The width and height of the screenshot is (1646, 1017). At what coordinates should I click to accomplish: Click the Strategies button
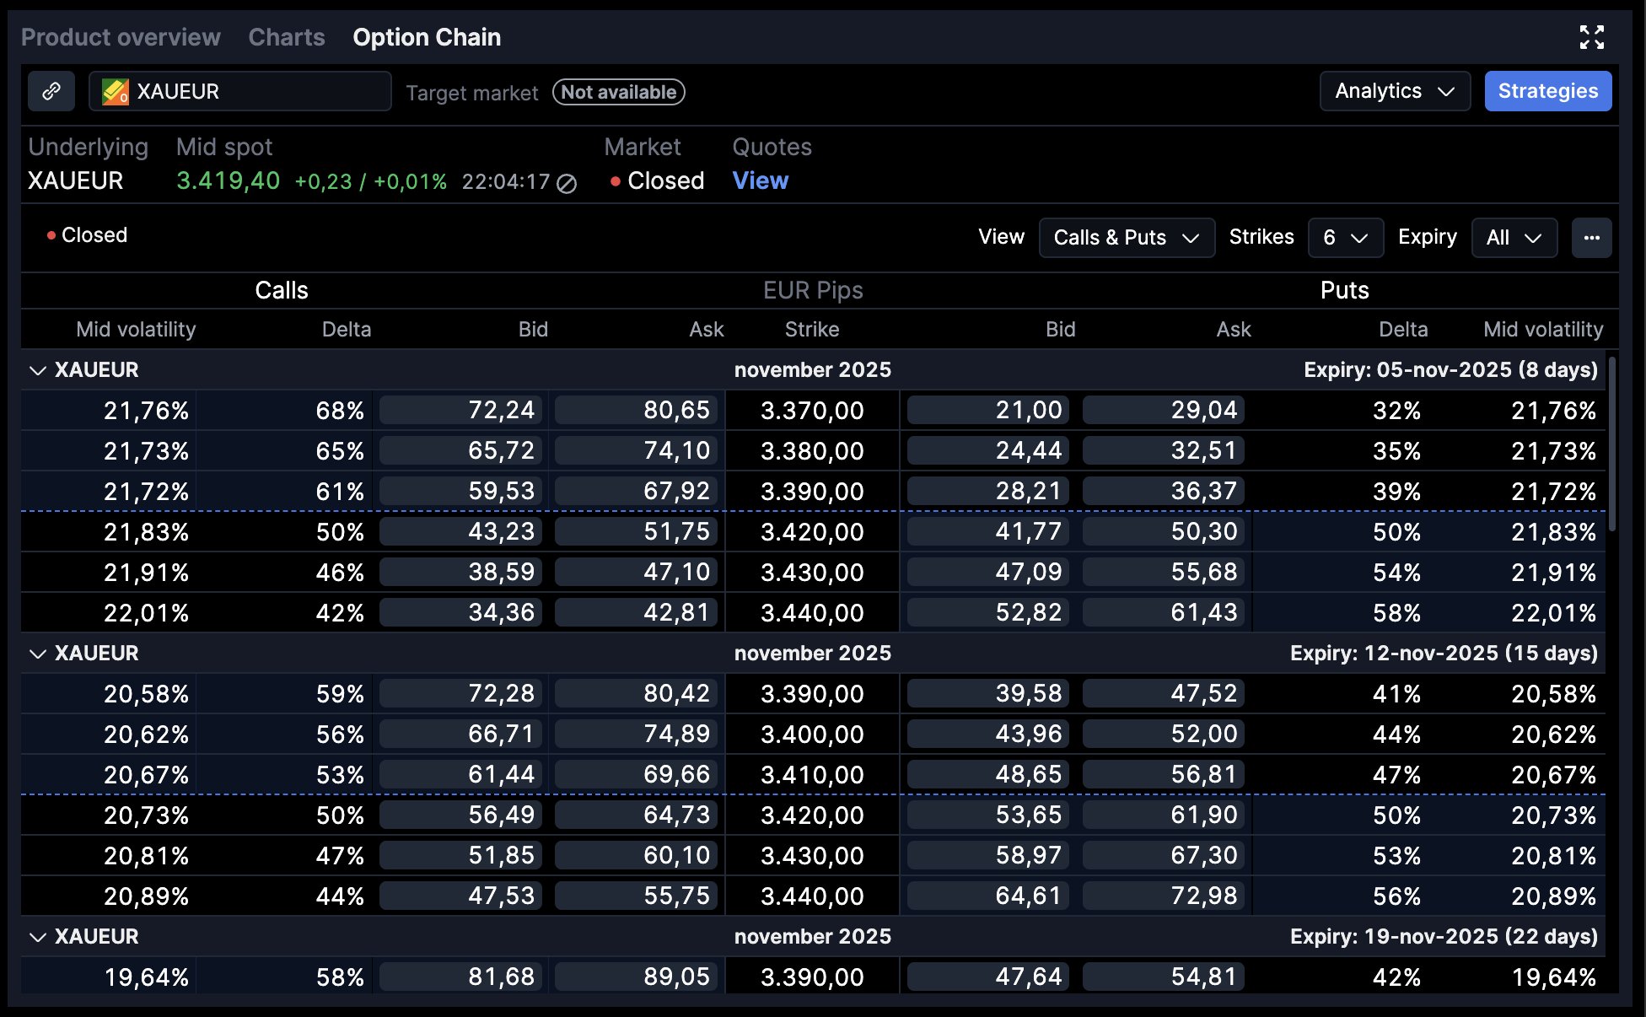1547,91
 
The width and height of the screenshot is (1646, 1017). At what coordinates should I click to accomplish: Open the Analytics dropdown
1394,91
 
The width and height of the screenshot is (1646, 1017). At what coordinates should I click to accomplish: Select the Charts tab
287,37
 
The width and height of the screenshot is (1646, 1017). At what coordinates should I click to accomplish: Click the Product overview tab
121,37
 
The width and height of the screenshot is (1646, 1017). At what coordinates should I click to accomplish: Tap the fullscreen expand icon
1591,37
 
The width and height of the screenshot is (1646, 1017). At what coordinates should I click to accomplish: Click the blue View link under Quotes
760,180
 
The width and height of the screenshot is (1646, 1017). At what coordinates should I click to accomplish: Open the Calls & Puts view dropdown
1126,238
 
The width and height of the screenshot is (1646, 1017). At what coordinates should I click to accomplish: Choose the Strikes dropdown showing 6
1345,238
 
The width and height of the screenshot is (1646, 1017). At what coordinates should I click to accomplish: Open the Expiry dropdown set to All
1514,238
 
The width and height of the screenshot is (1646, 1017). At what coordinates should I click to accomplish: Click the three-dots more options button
1591,238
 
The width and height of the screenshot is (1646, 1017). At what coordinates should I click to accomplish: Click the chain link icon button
51,91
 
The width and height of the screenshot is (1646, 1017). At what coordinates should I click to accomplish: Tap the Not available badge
618,92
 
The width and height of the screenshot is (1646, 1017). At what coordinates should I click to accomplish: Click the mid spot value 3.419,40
228,180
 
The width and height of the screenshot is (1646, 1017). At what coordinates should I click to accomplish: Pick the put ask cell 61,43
1164,613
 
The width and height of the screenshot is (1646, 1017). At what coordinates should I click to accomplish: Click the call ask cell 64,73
637,815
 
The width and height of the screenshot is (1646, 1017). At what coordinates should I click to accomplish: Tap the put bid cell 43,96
988,734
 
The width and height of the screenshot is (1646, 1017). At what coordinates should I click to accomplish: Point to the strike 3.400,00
812,734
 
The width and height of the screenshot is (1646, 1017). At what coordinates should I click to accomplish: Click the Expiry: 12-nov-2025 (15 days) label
1444,654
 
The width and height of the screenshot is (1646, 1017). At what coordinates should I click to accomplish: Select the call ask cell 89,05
637,977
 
